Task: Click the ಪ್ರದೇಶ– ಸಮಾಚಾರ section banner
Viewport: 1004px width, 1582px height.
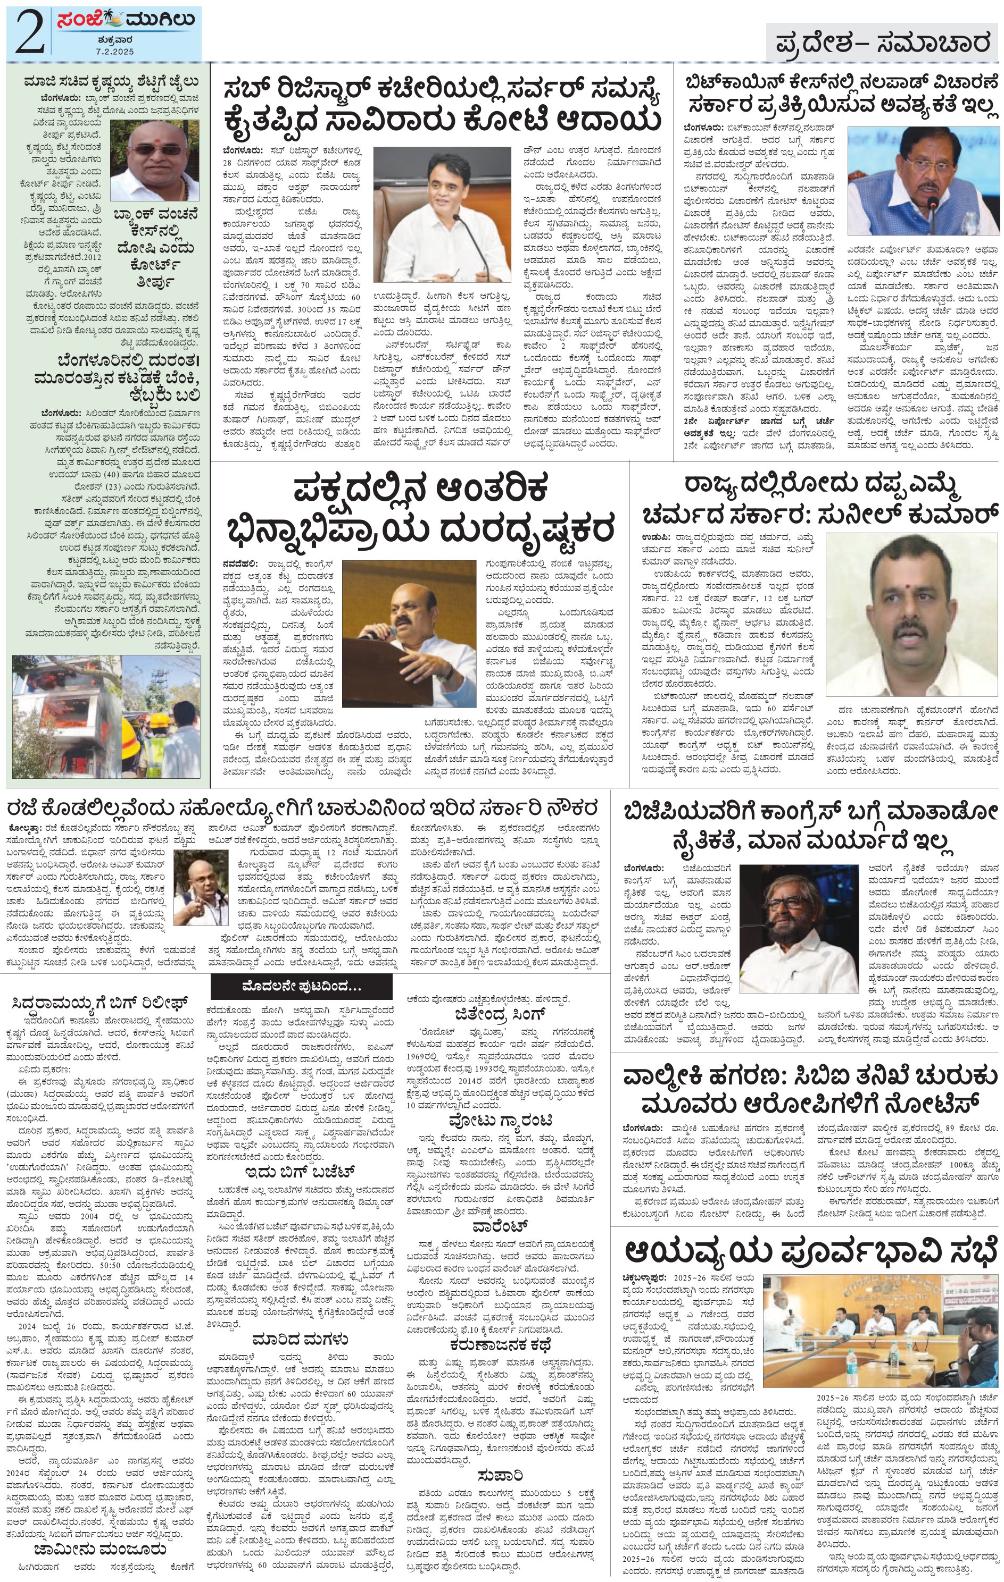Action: click(x=881, y=44)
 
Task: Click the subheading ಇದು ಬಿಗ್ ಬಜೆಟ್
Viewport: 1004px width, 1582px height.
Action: click(x=300, y=1172)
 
